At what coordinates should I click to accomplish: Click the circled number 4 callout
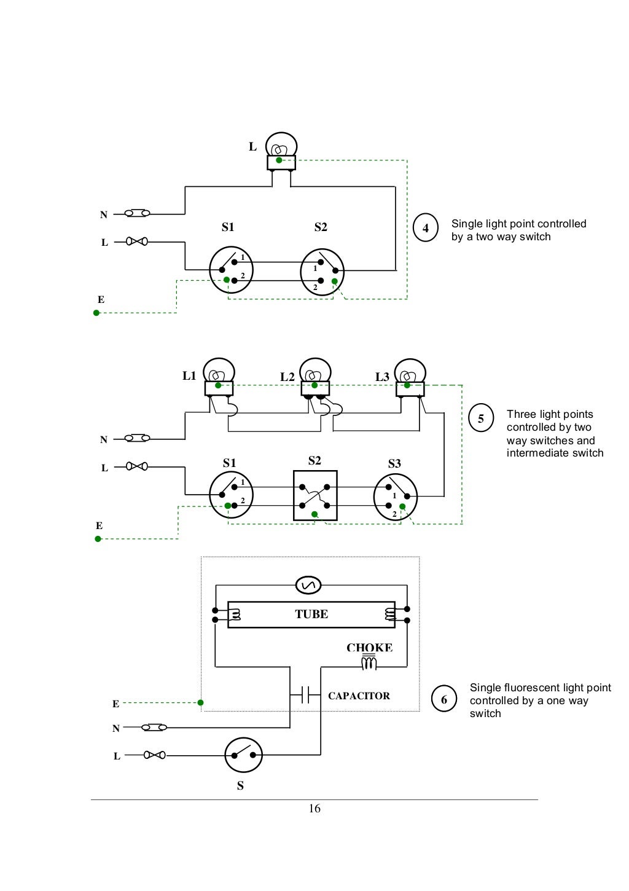point(426,228)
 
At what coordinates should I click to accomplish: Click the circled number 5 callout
point(481,418)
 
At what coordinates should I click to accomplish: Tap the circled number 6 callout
point(443,699)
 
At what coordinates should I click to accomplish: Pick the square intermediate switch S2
point(315,496)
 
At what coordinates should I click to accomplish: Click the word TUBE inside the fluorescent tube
point(311,614)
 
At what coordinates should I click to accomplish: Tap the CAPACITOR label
point(359,696)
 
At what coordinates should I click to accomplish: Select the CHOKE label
point(369,648)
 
